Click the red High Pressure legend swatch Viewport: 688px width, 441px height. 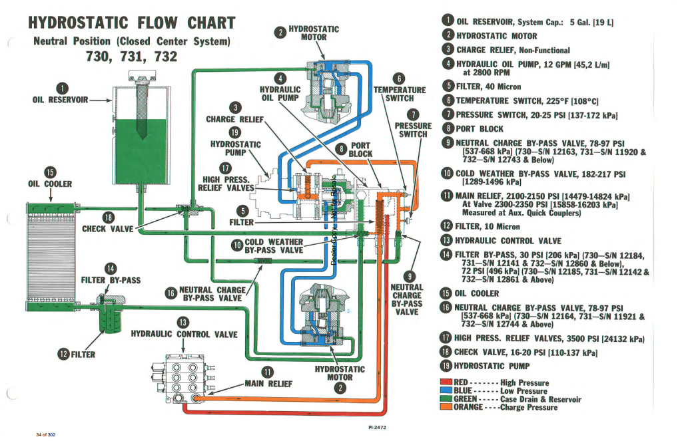(446, 382)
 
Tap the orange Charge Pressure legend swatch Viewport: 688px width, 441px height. (446, 407)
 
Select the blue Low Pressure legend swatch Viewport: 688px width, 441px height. (446, 390)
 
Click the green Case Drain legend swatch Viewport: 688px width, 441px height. (446, 399)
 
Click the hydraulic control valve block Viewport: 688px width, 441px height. (180, 378)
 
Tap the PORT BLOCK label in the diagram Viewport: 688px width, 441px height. (360, 149)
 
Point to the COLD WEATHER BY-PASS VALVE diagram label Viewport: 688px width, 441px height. (274, 246)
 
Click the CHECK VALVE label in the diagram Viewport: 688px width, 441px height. (107, 229)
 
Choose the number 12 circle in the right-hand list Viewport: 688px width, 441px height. (448, 227)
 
